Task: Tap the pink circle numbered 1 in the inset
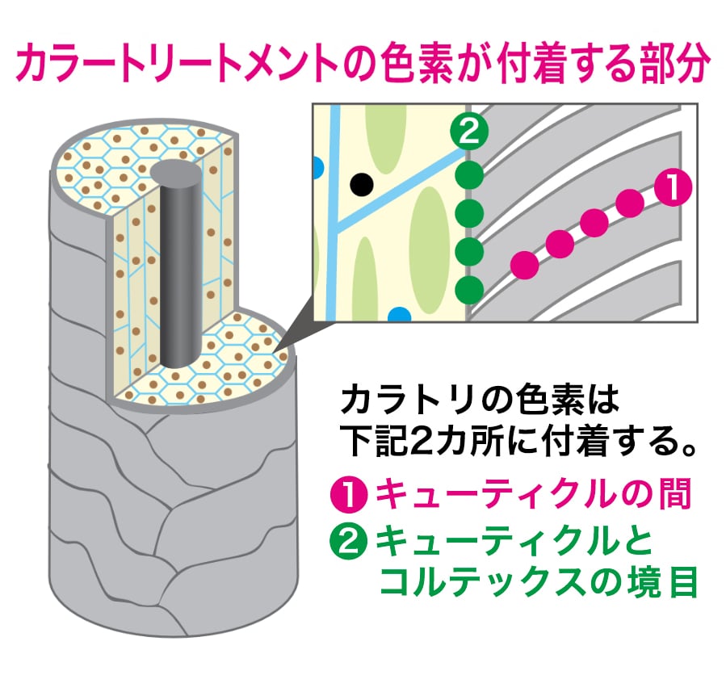click(672, 187)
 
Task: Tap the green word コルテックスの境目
click(537, 583)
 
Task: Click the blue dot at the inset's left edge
click(317, 167)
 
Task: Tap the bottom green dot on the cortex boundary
click(469, 288)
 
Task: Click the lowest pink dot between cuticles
click(525, 264)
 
